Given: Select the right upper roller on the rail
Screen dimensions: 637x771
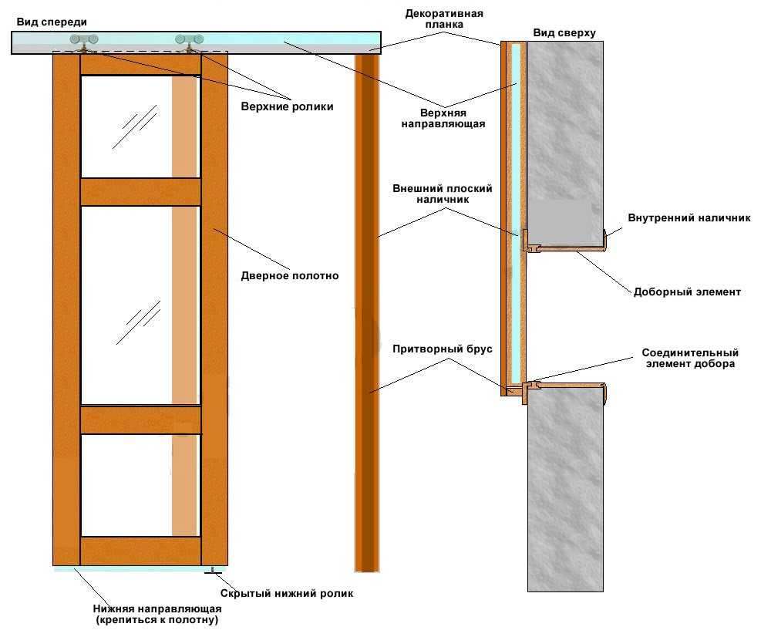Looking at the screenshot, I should [188, 39].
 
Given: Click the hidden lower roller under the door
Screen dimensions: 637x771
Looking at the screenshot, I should [210, 571].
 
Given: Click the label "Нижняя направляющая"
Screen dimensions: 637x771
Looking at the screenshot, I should [160, 609].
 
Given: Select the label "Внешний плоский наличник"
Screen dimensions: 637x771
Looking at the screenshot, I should [443, 194].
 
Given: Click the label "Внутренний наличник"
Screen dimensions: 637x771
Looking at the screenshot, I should [689, 217].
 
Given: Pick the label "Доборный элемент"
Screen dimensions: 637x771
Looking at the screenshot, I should [687, 292].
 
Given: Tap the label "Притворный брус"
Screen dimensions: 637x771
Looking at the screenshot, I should [442, 349].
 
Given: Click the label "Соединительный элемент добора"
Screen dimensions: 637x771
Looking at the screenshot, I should [690, 358].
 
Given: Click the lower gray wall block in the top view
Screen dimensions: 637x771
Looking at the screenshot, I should [564, 494].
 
